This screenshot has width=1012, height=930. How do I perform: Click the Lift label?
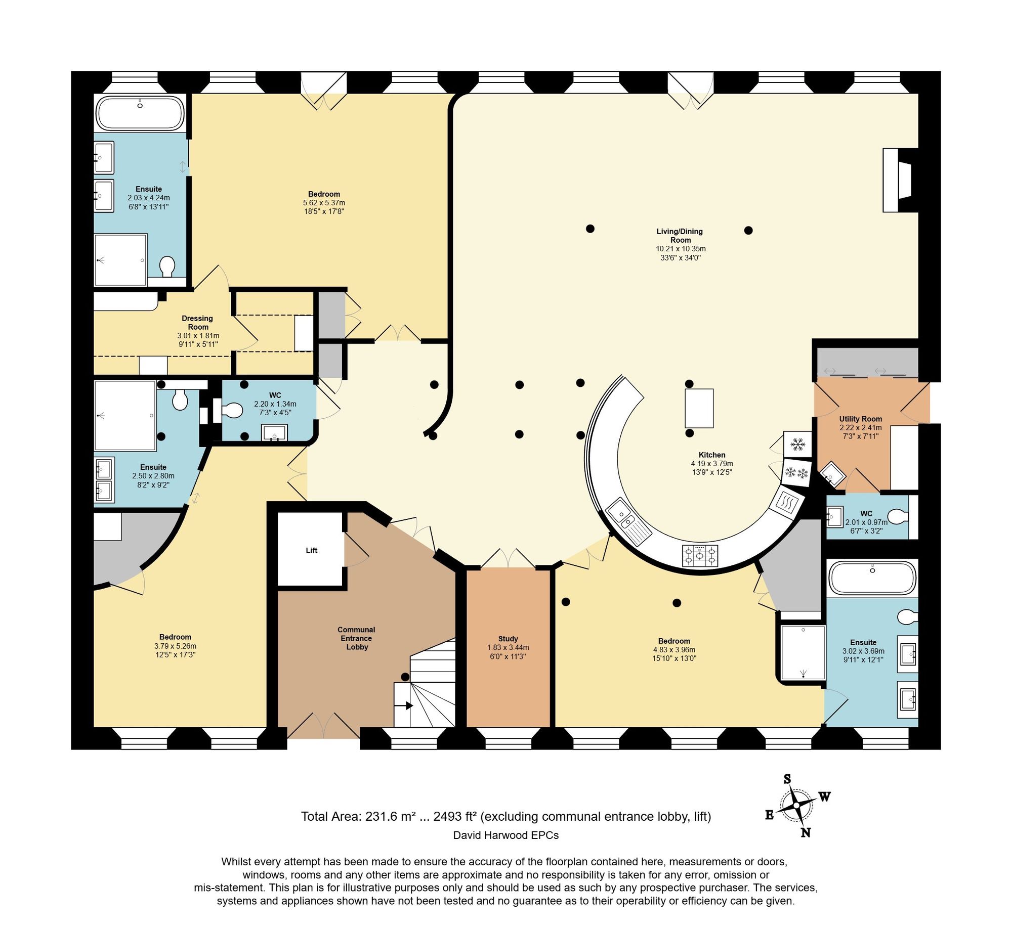[x=311, y=550]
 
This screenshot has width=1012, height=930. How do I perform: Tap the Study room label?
[x=508, y=639]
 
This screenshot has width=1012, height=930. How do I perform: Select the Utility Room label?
[x=860, y=419]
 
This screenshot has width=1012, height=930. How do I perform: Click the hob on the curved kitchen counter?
[x=700, y=556]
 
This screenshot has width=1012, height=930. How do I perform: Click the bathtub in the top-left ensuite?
[x=140, y=113]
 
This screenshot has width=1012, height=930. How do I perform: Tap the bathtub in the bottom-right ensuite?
[x=872, y=578]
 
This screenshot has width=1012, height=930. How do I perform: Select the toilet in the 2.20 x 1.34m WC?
[x=232, y=410]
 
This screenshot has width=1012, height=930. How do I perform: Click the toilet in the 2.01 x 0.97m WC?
[x=898, y=517]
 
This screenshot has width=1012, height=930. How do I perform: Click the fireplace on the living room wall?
[x=897, y=180]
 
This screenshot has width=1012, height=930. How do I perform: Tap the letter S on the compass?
[x=787, y=779]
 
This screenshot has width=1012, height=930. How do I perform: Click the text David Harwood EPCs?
[x=505, y=835]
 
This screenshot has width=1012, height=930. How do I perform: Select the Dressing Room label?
[x=197, y=323]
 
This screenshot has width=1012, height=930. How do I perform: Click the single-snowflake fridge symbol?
[x=797, y=445]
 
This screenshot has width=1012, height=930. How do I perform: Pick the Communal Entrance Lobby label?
[x=356, y=638]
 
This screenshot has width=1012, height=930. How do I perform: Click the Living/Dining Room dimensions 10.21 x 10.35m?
[x=680, y=249]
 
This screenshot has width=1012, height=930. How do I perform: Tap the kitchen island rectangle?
[x=699, y=408]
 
